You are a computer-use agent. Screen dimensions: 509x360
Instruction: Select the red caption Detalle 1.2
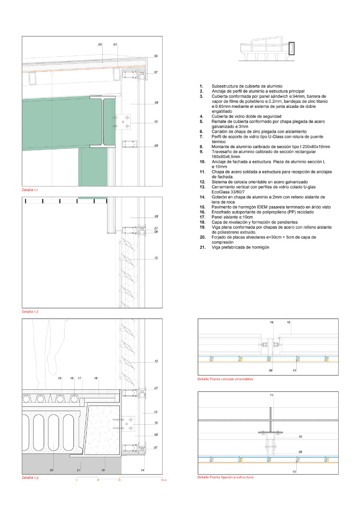point(30,312)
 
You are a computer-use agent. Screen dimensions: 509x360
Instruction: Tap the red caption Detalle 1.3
point(30,478)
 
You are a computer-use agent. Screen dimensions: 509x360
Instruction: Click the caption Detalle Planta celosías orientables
point(225,379)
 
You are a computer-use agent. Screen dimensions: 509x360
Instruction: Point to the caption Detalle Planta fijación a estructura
point(225,477)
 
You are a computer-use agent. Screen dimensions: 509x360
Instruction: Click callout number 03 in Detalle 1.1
point(100,44)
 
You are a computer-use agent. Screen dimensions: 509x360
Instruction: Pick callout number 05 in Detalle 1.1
point(156,56)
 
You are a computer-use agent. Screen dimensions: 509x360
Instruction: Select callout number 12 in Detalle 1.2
point(156,258)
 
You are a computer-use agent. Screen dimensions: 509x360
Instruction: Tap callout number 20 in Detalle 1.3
point(52,470)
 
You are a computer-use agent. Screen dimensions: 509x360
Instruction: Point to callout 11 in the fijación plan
point(271,395)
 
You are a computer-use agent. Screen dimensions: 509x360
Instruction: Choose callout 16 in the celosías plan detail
point(289,323)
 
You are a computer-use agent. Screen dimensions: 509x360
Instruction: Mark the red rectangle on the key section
point(291,48)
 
